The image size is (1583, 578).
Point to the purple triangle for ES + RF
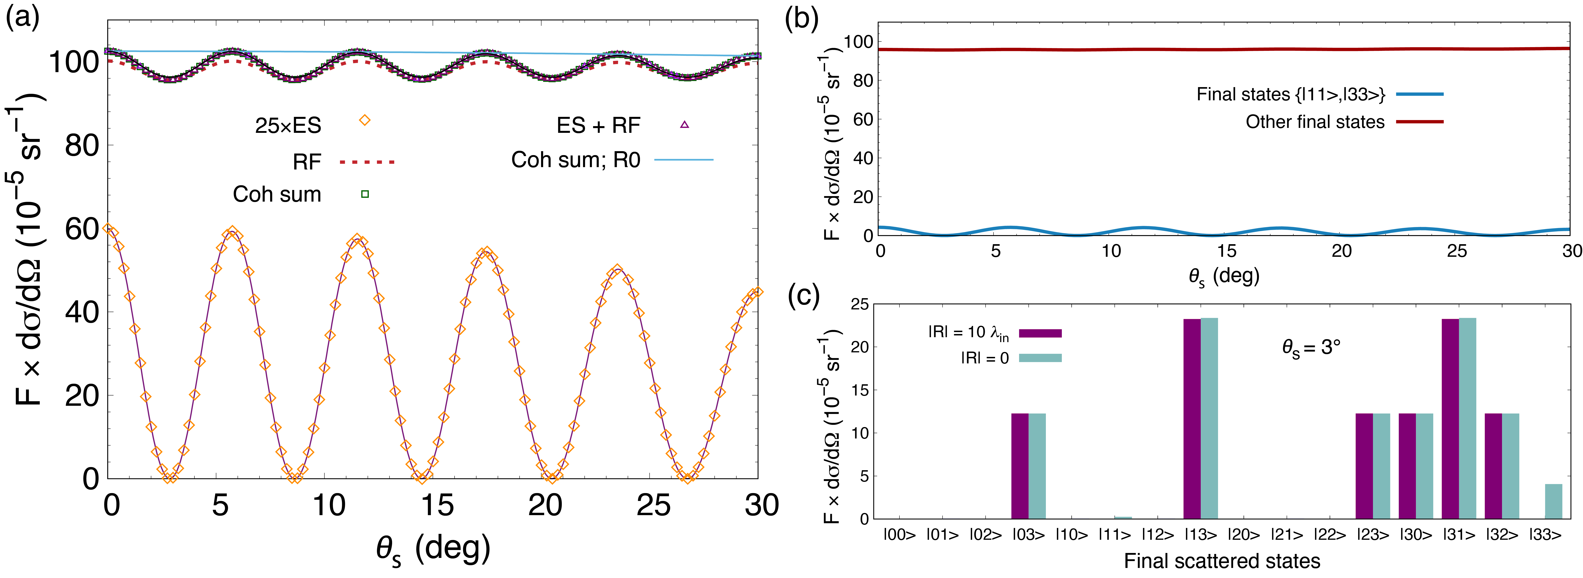685,125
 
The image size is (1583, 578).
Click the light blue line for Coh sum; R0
683,160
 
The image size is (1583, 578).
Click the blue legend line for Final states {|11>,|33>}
1419,94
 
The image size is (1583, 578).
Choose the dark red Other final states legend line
1419,122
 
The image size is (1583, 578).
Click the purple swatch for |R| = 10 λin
1040,333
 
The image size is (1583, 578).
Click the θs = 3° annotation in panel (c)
1311,349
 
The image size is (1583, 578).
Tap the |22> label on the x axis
1329,535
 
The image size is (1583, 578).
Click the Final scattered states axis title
1222,561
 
